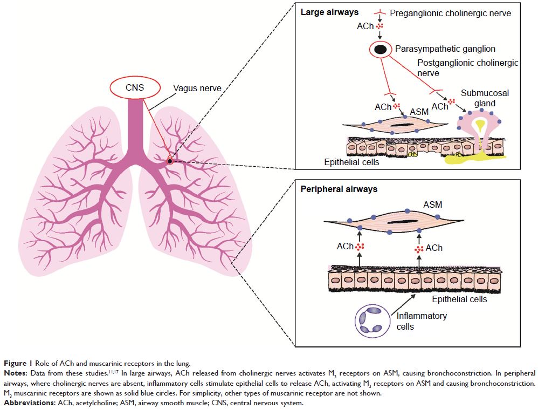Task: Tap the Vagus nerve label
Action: pos(196,88)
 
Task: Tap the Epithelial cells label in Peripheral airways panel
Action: pos(459,299)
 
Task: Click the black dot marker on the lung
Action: pos(170,161)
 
